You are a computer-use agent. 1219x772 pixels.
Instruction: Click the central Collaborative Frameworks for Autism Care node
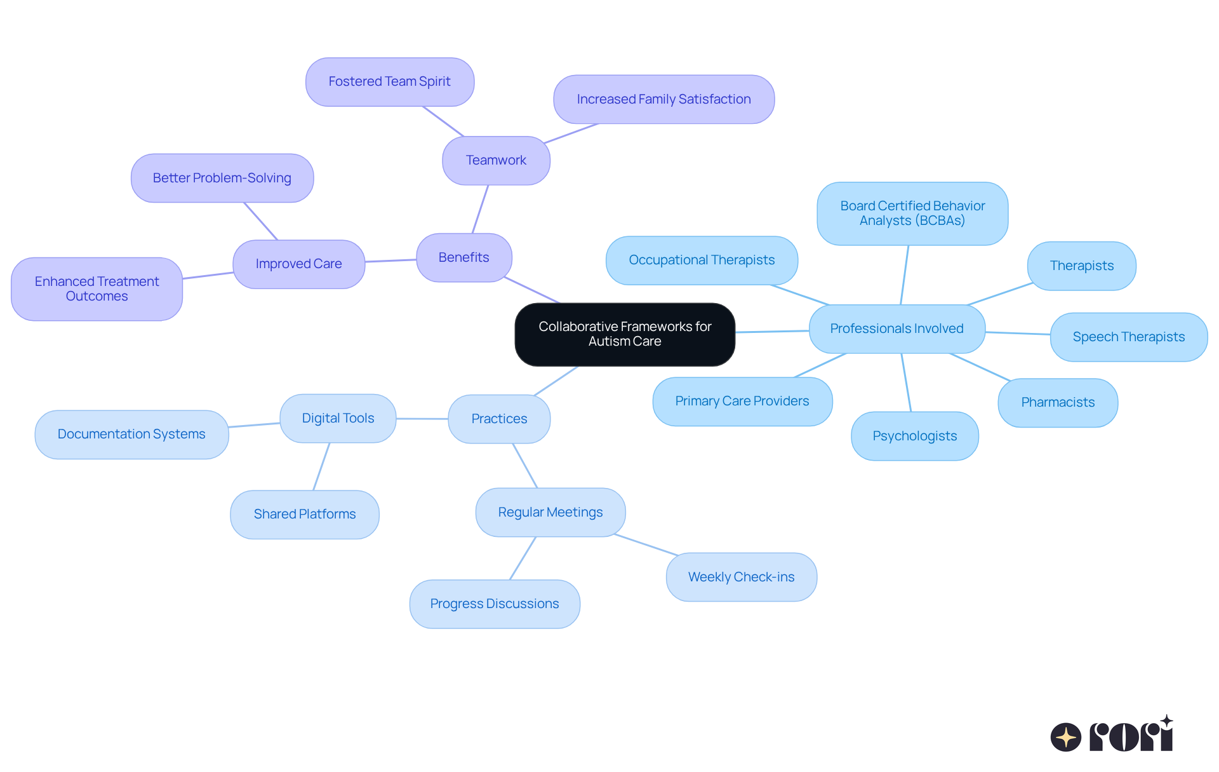pyautogui.click(x=625, y=334)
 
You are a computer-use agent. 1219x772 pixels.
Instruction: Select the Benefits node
pyautogui.click(x=463, y=257)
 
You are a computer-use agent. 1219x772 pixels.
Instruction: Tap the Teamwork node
pyautogui.click(x=496, y=160)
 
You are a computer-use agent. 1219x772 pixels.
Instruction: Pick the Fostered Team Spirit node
pyautogui.click(x=389, y=82)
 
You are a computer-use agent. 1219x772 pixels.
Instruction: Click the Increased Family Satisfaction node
pyautogui.click(x=663, y=99)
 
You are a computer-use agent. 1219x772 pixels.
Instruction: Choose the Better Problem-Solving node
pyautogui.click(x=222, y=178)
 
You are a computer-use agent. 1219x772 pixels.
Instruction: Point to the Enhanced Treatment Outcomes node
pyautogui.click(x=97, y=289)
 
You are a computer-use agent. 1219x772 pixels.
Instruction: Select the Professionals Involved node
pyautogui.click(x=896, y=328)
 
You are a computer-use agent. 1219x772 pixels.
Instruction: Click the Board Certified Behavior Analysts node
pyautogui.click(x=912, y=213)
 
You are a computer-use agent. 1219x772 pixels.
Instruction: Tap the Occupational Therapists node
pyautogui.click(x=702, y=260)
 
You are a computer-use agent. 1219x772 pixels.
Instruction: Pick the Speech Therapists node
pyautogui.click(x=1128, y=337)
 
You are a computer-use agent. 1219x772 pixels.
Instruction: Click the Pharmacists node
pyautogui.click(x=1058, y=402)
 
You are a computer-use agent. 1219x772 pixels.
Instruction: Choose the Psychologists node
pyautogui.click(x=914, y=436)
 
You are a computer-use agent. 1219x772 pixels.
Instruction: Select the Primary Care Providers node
pyautogui.click(x=742, y=401)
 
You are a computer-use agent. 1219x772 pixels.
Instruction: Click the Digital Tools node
pyautogui.click(x=338, y=418)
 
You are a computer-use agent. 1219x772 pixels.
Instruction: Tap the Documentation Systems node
pyautogui.click(x=131, y=434)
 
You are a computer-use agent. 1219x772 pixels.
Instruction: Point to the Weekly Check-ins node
pyautogui.click(x=741, y=577)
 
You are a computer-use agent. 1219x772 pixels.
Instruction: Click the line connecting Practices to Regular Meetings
pyautogui.click(x=525, y=466)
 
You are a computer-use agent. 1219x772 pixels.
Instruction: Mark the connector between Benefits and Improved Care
pyautogui.click(x=390, y=261)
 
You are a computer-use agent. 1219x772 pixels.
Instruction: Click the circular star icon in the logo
pyautogui.click(x=1065, y=737)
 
